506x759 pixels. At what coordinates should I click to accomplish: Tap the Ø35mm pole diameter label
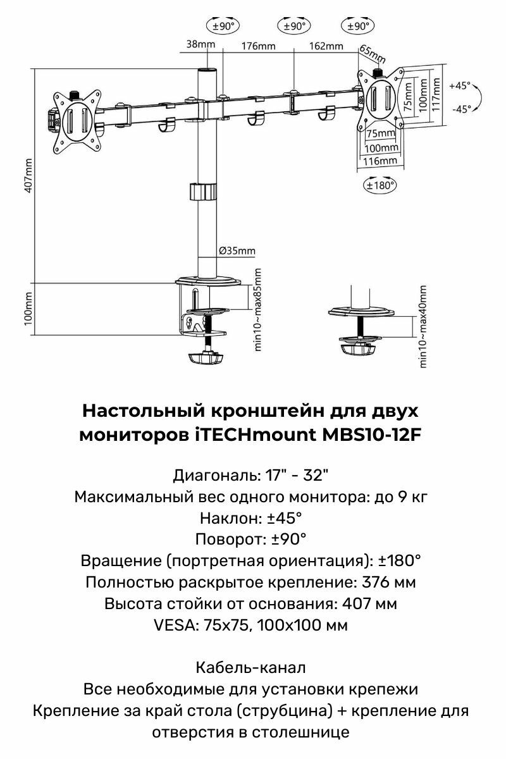(x=237, y=250)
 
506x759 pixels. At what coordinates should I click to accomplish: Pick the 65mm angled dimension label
(x=372, y=54)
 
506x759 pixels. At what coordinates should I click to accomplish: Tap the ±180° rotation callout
(x=379, y=185)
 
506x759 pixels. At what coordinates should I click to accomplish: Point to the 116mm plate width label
(x=381, y=161)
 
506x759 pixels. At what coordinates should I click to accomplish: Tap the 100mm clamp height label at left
(x=28, y=308)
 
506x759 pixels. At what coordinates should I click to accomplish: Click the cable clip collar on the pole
(x=204, y=192)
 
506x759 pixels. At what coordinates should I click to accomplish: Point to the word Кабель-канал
(x=251, y=667)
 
